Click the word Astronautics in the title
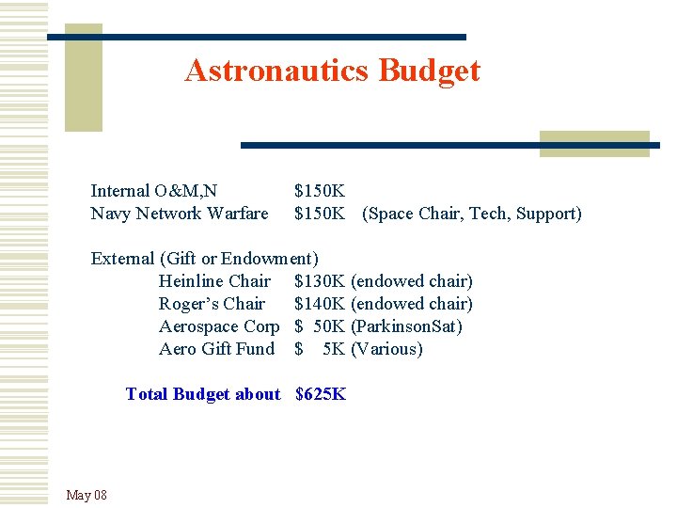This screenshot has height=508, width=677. (277, 71)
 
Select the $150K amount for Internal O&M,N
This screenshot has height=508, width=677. (320, 190)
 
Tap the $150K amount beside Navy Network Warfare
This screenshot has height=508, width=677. (320, 214)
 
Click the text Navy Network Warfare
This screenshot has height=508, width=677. (179, 214)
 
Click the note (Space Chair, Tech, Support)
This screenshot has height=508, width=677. (472, 214)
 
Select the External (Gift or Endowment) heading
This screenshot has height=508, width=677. (204, 258)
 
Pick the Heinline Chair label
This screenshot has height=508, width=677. (214, 281)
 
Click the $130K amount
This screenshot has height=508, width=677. (320, 281)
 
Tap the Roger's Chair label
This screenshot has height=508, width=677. (212, 304)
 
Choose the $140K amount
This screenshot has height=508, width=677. (320, 304)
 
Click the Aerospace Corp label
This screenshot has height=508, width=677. (219, 326)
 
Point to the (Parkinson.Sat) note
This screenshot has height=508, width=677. (406, 326)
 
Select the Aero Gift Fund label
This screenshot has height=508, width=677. (216, 349)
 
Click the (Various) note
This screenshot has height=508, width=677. (386, 349)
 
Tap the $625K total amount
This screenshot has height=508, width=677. (321, 394)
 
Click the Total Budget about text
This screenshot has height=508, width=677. (203, 394)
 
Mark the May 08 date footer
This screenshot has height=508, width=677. (87, 495)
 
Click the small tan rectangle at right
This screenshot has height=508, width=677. (594, 143)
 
